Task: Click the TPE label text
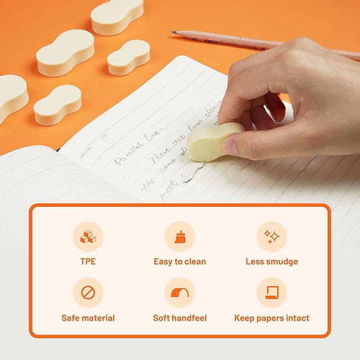88,261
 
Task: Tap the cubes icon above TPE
88,236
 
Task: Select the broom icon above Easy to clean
180,236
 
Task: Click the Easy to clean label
180,261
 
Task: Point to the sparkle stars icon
271,236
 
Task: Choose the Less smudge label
271,261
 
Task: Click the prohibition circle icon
88,293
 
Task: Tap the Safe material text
88,318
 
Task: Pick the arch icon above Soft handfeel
180,293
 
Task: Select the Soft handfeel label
180,318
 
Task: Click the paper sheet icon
271,293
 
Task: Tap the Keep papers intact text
271,318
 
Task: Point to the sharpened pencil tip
174,32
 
